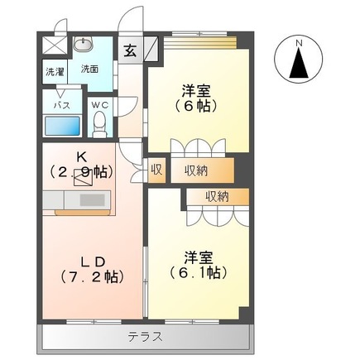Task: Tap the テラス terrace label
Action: (x=145, y=337)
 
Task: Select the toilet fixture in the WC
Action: (x=100, y=123)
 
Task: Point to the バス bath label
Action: (x=61, y=105)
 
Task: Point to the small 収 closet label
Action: (x=156, y=170)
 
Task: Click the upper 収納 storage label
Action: (x=196, y=170)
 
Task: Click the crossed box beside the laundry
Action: (x=53, y=45)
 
